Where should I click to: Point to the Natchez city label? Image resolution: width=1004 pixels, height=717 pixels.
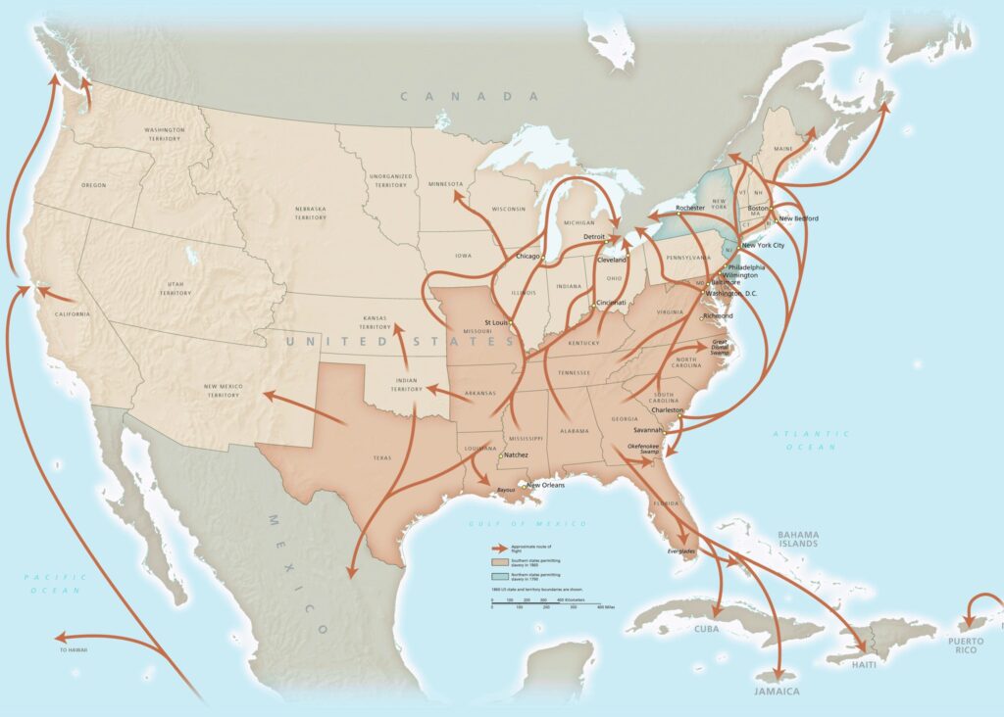(x=517, y=455)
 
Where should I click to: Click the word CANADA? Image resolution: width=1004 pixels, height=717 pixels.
(x=470, y=96)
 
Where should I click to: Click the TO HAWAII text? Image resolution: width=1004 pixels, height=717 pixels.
(x=75, y=651)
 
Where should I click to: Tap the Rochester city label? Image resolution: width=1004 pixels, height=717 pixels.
(x=691, y=208)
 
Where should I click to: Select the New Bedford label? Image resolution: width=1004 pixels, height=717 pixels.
(x=799, y=218)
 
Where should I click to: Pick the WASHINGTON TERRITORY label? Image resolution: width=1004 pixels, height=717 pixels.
(x=164, y=134)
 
